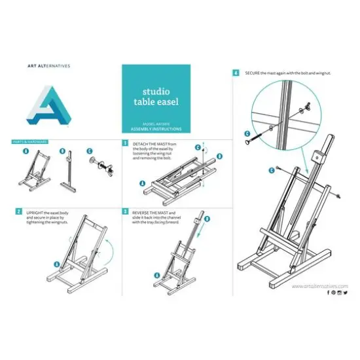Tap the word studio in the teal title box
coord(156,93)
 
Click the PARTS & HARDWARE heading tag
coord(28,141)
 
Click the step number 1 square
coord(125,142)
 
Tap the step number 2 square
coord(18,212)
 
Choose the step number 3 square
coord(125,212)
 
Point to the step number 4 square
coord(236,73)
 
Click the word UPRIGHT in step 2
coord(36,213)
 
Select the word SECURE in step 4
coord(253,73)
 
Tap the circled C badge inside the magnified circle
coord(247,137)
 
